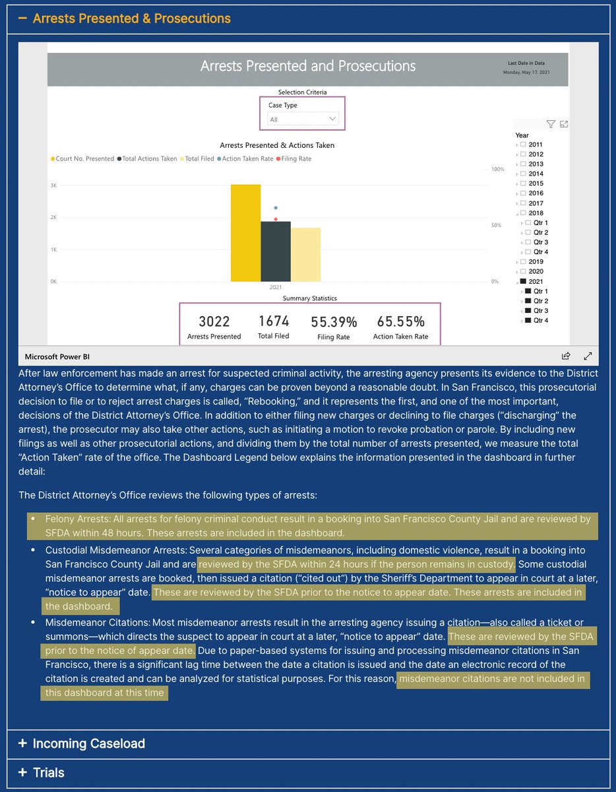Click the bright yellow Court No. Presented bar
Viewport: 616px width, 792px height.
(245, 233)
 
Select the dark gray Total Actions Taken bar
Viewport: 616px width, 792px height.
(276, 251)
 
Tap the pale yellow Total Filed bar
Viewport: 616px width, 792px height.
(305, 255)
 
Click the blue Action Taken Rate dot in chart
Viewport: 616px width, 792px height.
(276, 208)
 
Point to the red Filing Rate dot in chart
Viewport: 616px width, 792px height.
(276, 219)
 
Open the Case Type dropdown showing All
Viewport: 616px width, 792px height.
(303, 119)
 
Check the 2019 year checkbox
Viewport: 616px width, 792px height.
(523, 261)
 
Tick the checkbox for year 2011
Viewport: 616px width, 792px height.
(523, 145)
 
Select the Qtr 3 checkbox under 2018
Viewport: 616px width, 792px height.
(528, 242)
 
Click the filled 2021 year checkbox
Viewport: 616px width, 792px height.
(523, 281)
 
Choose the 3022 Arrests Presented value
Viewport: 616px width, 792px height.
(214, 321)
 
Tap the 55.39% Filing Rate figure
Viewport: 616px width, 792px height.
(334, 322)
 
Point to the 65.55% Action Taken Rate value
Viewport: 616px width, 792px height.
(401, 321)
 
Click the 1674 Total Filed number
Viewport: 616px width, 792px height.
(274, 321)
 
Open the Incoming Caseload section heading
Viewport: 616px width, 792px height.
(88, 743)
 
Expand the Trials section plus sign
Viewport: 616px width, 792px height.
(22, 772)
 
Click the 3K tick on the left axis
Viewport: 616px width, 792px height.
(53, 185)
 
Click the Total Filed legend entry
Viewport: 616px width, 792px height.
(199, 159)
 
